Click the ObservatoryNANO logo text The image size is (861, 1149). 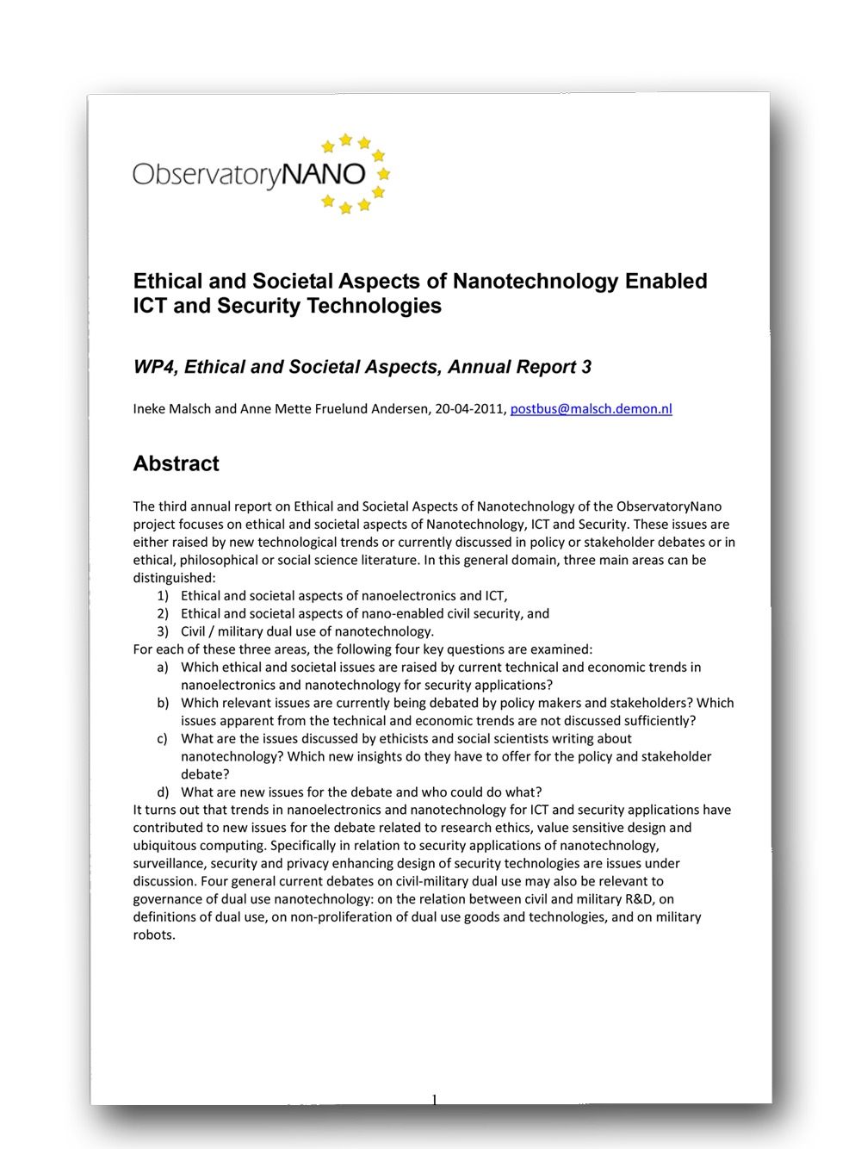249,175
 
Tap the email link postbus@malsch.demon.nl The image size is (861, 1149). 591,408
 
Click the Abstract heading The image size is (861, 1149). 176,463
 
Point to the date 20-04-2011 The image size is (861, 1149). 470,408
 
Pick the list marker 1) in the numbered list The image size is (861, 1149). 163,596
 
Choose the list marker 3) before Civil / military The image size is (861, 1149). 163,631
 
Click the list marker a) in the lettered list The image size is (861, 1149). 163,668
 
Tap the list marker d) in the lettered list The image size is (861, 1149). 163,792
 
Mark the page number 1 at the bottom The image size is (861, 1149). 434,1099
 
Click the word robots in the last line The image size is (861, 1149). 154,935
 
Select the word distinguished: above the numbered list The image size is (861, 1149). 174,578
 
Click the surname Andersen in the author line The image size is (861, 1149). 400,408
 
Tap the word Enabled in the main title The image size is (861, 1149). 666,281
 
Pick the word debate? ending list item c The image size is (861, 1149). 205,774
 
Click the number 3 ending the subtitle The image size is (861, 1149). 586,367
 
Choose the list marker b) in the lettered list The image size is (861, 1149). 163,703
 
